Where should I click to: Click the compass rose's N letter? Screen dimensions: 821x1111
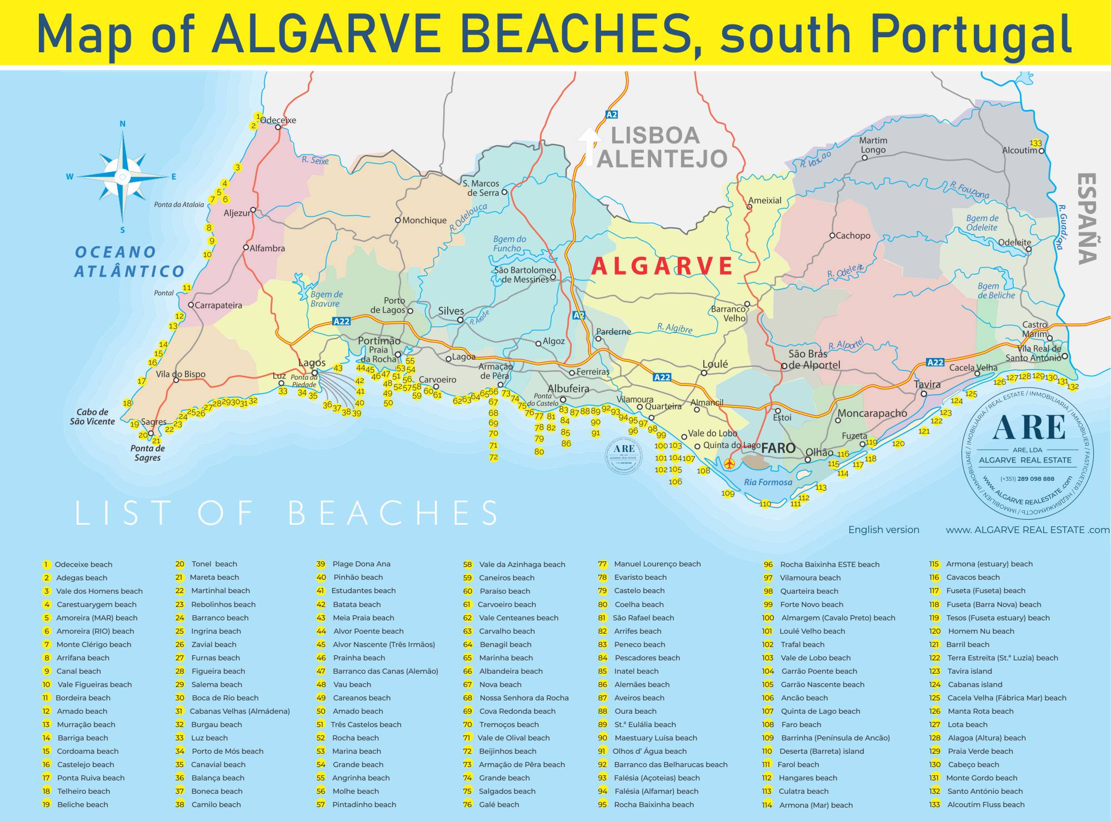pyautogui.click(x=122, y=124)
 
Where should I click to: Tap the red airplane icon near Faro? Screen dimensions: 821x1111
pyautogui.click(x=730, y=463)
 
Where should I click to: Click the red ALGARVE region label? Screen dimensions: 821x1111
pyautogui.click(x=662, y=266)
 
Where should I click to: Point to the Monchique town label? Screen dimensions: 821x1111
pyautogui.click(x=424, y=221)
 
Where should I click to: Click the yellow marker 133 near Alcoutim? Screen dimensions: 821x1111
pyautogui.click(x=1035, y=143)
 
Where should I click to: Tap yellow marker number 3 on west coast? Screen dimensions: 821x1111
pyautogui.click(x=238, y=167)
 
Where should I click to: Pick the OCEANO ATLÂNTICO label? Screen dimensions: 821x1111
pyautogui.click(x=129, y=261)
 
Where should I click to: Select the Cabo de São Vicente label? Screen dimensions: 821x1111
pyautogui.click(x=92, y=417)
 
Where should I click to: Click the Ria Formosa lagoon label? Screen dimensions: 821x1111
pyautogui.click(x=768, y=482)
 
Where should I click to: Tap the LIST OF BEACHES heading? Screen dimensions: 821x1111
pyautogui.click(x=287, y=512)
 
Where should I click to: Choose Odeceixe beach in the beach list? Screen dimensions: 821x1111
pyautogui.click(x=83, y=564)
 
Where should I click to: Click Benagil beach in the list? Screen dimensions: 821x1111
pyautogui.click(x=505, y=644)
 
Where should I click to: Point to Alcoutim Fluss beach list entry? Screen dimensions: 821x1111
pyautogui.click(x=985, y=804)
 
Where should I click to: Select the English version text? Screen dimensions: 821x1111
pyautogui.click(x=883, y=530)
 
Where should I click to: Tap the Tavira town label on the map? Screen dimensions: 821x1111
pyautogui.click(x=927, y=385)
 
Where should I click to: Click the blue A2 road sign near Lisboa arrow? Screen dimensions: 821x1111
pyautogui.click(x=612, y=115)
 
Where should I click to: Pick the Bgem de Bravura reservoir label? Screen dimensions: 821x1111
pyautogui.click(x=326, y=299)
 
